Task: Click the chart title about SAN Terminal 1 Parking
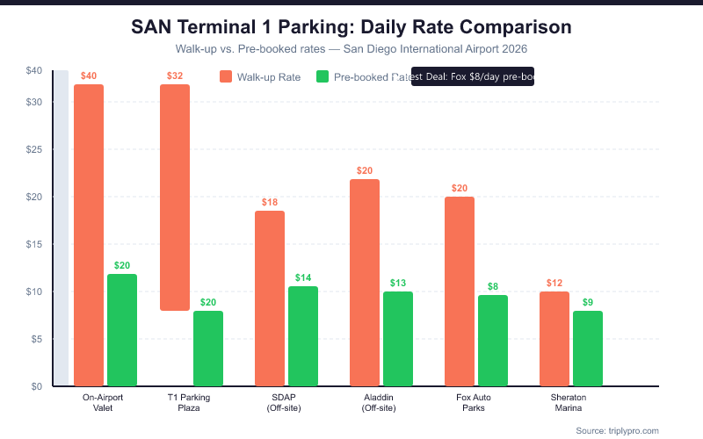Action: pos(351,26)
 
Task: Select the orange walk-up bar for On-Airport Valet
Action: pos(89,234)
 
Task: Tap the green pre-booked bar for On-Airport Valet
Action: pos(122,329)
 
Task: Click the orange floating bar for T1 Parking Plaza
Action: pos(175,198)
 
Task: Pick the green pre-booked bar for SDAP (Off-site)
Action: pos(303,335)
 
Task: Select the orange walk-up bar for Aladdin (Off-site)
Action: pos(365,282)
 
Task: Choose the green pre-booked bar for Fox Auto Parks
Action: pos(493,340)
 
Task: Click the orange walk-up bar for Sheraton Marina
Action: pos(554,338)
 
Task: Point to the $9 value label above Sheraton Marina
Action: pos(588,302)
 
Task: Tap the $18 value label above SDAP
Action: pos(270,202)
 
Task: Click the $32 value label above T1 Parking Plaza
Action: pos(175,76)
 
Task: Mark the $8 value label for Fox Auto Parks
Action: pos(493,286)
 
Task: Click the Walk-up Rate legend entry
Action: pos(260,77)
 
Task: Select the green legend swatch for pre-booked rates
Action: pos(322,77)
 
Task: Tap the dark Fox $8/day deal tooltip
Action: pos(473,76)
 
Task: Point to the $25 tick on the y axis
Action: pos(35,149)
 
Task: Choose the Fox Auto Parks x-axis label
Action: pos(474,402)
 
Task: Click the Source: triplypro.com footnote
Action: pos(617,430)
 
